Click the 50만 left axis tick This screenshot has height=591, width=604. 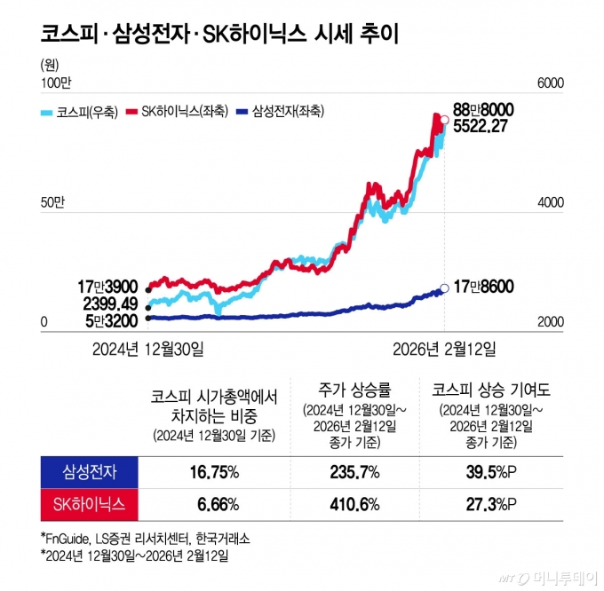tap(52, 202)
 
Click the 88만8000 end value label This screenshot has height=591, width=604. tap(482, 108)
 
